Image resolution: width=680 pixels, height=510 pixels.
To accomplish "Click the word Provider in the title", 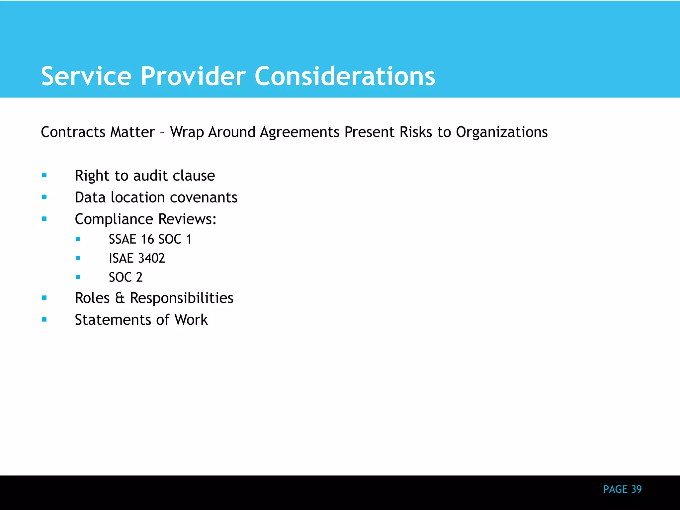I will pyautogui.click(x=193, y=77).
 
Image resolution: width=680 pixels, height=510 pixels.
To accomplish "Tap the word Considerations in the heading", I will pyautogui.click(x=345, y=77).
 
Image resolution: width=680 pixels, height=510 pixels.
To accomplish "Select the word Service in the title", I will pyautogui.click(x=86, y=77).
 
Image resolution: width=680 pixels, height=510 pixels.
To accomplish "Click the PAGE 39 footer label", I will pyautogui.click(x=622, y=489).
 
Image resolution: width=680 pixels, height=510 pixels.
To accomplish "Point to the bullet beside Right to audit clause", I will pyautogui.click(x=44, y=175).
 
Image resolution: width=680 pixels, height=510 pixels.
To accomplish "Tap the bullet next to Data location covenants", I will pyautogui.click(x=44, y=197).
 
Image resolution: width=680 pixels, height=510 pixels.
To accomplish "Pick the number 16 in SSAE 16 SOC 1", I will pyautogui.click(x=147, y=239).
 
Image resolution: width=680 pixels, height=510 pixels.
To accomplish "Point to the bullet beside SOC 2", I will pyautogui.click(x=78, y=277).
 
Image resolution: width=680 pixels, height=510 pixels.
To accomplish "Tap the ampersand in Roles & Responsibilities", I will pyautogui.click(x=120, y=298).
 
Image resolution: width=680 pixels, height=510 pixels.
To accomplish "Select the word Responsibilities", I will pyautogui.click(x=182, y=298).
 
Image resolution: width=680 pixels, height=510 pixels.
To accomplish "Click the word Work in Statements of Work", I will pyautogui.click(x=191, y=320).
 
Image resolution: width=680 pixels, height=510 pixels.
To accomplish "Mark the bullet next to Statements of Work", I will pyautogui.click(x=44, y=319).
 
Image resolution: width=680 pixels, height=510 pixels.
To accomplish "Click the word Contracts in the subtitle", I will pyautogui.click(x=73, y=132).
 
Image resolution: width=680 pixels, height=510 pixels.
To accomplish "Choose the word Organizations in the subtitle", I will pyautogui.click(x=502, y=132).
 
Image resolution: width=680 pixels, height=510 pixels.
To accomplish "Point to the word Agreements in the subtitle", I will pyautogui.click(x=300, y=132).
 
